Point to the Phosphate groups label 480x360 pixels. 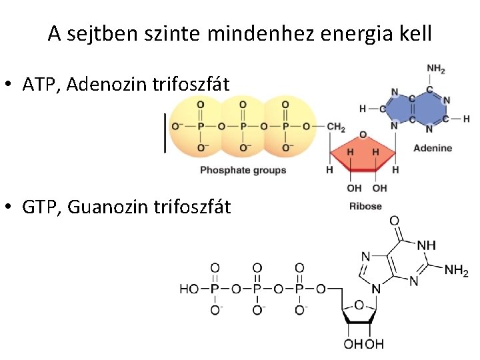243,170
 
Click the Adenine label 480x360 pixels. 432,148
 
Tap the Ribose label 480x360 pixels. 365,206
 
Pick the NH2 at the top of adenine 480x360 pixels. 435,69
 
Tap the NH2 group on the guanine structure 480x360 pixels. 456,271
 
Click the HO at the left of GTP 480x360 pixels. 189,289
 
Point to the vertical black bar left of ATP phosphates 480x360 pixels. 164,133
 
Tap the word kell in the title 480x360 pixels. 417,33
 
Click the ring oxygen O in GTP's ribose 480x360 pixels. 359,305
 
